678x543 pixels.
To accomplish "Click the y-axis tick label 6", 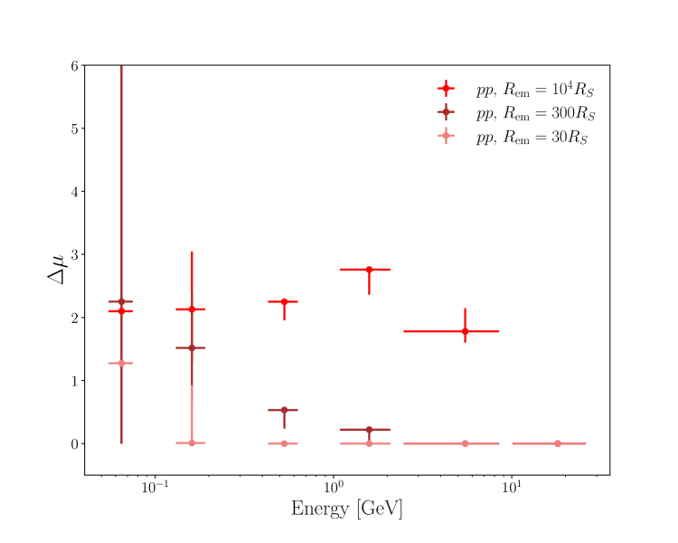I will tap(74, 65).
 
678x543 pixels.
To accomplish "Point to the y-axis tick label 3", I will tap(74, 254).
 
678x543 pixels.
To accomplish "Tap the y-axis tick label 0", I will tap(74, 443).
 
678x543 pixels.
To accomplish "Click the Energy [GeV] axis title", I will tap(346, 509).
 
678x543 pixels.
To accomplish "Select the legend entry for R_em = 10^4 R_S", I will tap(535, 88).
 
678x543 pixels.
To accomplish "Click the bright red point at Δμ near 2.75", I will tap(369, 270).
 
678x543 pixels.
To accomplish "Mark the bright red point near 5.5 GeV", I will tap(466, 331).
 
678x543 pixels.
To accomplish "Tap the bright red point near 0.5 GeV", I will tap(284, 301).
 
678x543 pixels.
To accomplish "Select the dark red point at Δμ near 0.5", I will tap(284, 410).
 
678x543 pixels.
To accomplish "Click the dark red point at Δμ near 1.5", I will tap(192, 348).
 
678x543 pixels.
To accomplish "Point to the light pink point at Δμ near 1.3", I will tap(121, 363).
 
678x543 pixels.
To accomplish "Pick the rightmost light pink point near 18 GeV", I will tap(557, 443).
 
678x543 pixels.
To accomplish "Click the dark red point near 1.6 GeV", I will tap(369, 430).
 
